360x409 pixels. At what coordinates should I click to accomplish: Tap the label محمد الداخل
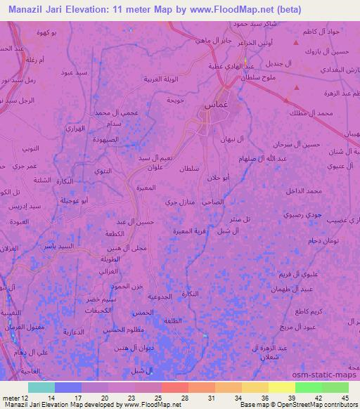coord(303,191)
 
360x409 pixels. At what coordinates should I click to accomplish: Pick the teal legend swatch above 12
coord(41,387)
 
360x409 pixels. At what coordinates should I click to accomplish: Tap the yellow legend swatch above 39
coord(281,387)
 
